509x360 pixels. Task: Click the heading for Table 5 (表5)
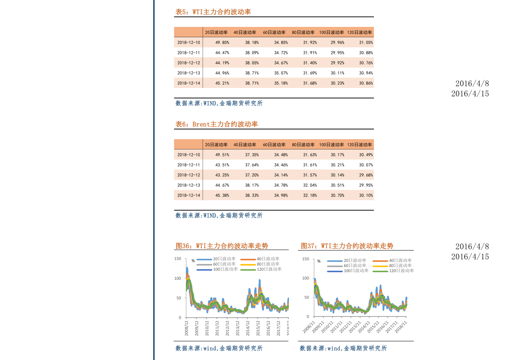tap(213, 12)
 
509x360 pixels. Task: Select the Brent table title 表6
tap(217, 124)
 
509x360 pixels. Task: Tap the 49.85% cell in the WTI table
tap(222, 42)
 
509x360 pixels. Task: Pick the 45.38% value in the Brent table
tap(222, 195)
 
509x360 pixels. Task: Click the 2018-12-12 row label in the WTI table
tap(188, 63)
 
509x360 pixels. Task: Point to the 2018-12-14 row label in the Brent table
tap(188, 195)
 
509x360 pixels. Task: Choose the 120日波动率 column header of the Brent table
tap(360, 145)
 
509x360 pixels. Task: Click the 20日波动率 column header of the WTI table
tap(216, 32)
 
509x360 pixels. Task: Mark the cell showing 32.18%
tap(310, 195)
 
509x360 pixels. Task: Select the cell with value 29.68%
tap(366, 175)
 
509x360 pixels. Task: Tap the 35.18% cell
tap(281, 83)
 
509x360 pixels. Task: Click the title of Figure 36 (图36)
tap(222, 246)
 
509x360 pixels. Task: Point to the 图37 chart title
tap(347, 246)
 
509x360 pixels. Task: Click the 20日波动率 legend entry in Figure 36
tap(216, 259)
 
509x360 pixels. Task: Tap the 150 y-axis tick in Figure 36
tap(177, 259)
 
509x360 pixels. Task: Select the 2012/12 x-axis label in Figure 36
tap(227, 328)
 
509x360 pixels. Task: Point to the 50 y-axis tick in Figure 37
tap(307, 297)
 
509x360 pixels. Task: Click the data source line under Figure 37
tap(343, 348)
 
